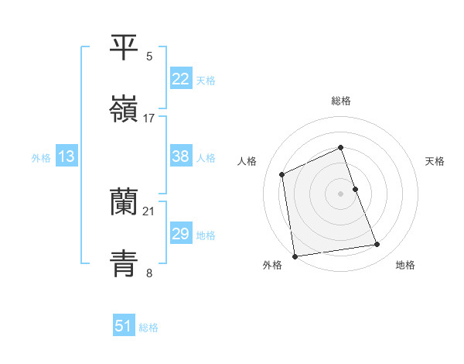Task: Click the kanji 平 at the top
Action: [124, 48]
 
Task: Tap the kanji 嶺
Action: [124, 109]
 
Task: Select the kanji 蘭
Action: [124, 202]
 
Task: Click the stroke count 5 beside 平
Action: [149, 57]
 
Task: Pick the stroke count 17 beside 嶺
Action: [149, 118]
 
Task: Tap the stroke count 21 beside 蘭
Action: [149, 211]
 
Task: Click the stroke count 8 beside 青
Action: [149, 272]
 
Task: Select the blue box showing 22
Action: [180, 79]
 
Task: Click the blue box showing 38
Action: [180, 156]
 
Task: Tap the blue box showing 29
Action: [180, 234]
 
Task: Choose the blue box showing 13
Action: [67, 156]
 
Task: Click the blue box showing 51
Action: [124, 326]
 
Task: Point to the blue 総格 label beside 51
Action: [148, 328]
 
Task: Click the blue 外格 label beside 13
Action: [41, 158]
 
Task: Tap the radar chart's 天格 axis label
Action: [435, 161]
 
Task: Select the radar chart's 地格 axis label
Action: [405, 265]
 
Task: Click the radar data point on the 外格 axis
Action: [295, 256]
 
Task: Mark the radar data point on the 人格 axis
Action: [282, 174]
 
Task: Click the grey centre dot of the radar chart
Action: [340, 193]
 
